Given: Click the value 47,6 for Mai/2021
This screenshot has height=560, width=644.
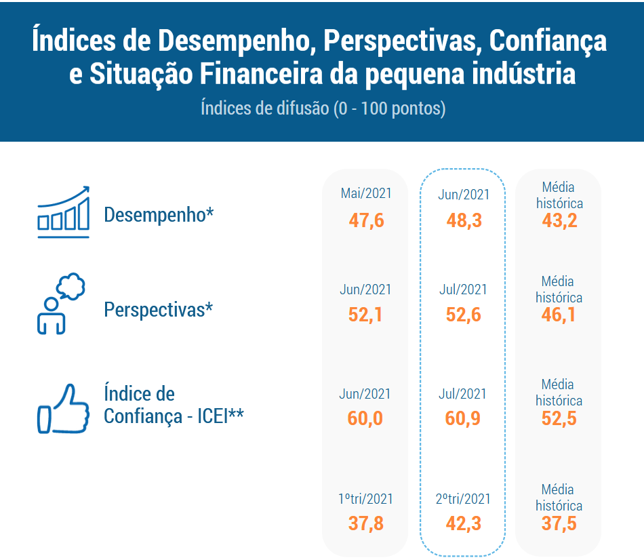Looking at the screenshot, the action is (366, 220).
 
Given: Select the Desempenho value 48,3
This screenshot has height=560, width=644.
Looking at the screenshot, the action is (464, 220).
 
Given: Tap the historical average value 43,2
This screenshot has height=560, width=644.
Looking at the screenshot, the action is (559, 220).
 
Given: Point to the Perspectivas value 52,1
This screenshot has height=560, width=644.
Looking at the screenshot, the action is (365, 315).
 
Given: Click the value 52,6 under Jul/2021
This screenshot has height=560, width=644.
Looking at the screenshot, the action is (463, 315).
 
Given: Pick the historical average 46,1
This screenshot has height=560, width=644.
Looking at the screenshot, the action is (558, 315).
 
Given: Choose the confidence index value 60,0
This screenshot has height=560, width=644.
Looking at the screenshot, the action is (365, 418).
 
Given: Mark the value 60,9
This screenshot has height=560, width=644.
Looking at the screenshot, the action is (463, 418).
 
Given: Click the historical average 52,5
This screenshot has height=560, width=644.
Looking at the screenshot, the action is (559, 418).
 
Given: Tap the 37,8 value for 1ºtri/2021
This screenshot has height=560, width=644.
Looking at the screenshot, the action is (366, 523).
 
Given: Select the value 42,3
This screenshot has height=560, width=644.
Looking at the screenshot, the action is (463, 523).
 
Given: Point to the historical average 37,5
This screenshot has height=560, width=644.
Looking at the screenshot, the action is (559, 523).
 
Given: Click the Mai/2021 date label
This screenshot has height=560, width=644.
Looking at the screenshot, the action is (366, 193).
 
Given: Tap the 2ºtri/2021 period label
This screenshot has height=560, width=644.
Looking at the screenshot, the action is (463, 499).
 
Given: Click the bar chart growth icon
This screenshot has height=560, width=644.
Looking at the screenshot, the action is (63, 212).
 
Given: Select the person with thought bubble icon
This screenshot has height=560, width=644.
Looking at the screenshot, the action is (61, 304).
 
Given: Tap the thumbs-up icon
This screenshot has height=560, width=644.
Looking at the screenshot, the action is (63, 409).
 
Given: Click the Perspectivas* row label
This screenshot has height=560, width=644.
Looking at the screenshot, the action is (159, 309).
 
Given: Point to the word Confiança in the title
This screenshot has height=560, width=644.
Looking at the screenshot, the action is (548, 42).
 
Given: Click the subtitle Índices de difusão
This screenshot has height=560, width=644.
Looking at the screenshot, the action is (265, 108).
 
